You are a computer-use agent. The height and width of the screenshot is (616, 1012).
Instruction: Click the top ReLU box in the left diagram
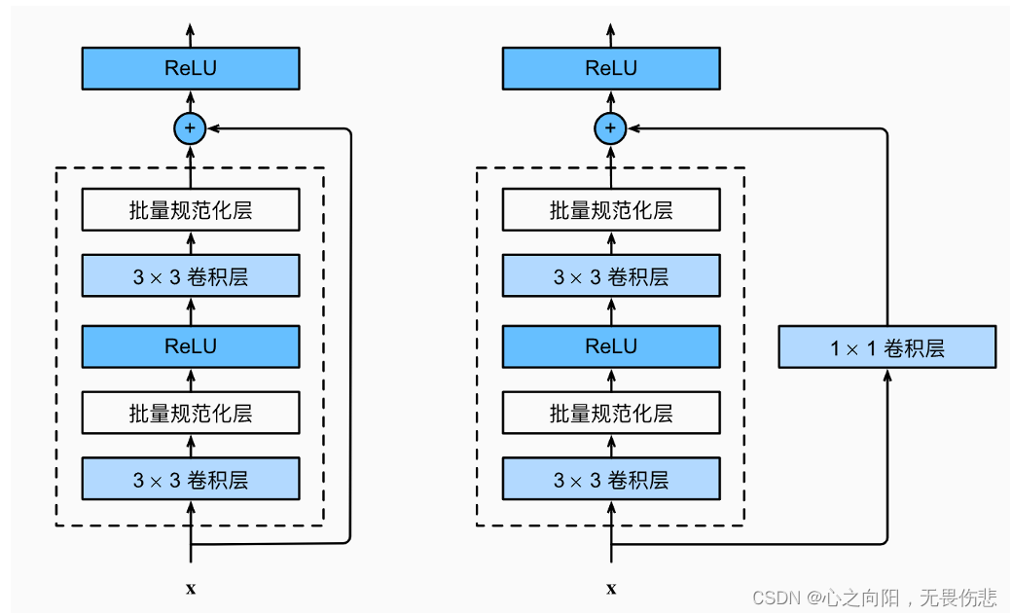(x=191, y=68)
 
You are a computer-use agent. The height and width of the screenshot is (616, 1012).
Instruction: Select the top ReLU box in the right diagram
(x=611, y=68)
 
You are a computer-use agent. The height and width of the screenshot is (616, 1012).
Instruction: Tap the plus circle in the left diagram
(x=190, y=127)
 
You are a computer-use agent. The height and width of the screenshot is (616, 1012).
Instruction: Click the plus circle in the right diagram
(x=610, y=127)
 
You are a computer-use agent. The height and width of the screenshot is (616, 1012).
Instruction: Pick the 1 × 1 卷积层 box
(x=886, y=346)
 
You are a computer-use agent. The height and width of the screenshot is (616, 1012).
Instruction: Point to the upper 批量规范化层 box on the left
(x=191, y=209)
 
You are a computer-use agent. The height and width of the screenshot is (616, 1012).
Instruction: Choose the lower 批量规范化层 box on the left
(x=191, y=413)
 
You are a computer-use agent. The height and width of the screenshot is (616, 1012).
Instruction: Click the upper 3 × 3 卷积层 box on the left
(x=191, y=275)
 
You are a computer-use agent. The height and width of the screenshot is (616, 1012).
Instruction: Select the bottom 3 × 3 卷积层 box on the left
(x=191, y=479)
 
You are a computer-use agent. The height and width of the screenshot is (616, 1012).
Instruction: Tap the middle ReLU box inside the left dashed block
(x=191, y=346)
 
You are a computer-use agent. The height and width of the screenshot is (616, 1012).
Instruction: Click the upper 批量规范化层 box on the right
(x=611, y=209)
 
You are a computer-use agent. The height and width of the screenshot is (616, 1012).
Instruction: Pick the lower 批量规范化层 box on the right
(x=611, y=413)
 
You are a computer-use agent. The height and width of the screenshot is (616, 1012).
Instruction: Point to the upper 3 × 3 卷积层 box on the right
(x=611, y=275)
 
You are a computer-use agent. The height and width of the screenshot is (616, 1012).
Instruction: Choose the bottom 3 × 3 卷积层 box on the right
(x=611, y=479)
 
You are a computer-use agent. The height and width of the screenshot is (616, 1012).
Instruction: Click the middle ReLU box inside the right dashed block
(x=611, y=346)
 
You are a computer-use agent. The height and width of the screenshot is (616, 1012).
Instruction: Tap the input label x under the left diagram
(x=191, y=589)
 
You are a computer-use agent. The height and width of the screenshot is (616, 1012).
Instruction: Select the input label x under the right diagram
(x=611, y=589)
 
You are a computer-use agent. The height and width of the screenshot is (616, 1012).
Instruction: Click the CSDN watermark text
(x=875, y=598)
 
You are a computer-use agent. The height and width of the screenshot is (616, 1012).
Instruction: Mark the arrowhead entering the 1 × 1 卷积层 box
(x=887, y=376)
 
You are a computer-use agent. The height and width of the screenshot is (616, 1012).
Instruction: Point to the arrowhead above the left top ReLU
(x=191, y=30)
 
